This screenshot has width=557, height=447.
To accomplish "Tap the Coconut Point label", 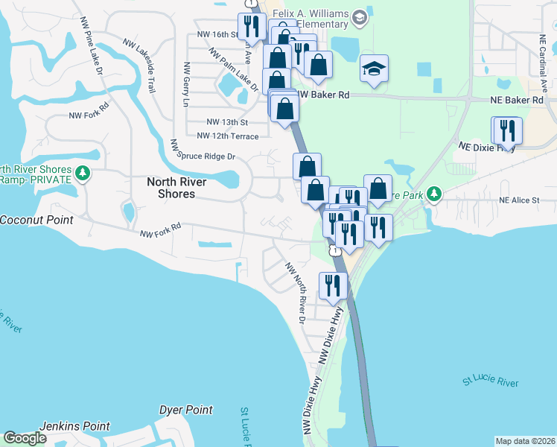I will coord(36,220).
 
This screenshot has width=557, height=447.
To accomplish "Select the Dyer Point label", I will coord(186,410).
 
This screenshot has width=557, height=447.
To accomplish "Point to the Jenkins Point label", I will coord(75,425).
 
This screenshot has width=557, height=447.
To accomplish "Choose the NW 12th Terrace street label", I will coord(228,136).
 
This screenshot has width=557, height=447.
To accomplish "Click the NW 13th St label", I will coord(227,121).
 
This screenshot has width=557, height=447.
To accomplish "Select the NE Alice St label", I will coord(519,200).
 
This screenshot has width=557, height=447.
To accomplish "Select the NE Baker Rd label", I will coord(516,100).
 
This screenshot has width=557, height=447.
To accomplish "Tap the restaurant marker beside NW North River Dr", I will coord(331,285).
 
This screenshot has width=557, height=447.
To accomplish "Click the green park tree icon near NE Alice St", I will coord(434,194).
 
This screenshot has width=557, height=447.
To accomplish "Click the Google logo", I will coord(25,438).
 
